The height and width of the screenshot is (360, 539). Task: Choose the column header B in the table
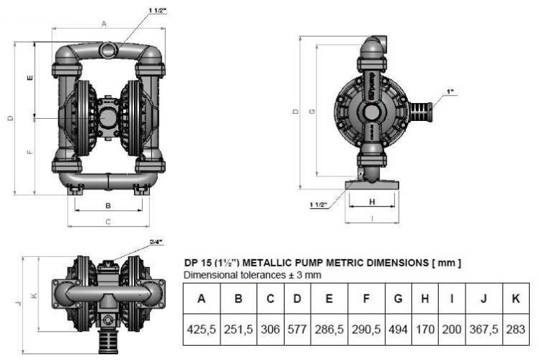(x=239, y=297)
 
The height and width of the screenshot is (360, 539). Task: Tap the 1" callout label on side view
(x=450, y=92)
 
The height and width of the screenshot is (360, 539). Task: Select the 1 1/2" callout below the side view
(x=318, y=204)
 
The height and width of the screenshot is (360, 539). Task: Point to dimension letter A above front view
(x=104, y=24)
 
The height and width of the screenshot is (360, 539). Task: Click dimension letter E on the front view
(x=29, y=78)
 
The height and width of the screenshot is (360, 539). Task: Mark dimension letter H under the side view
(x=371, y=202)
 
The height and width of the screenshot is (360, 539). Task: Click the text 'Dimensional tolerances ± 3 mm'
(x=252, y=275)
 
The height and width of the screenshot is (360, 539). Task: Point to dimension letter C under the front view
(x=107, y=222)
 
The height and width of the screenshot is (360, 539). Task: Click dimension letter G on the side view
(x=311, y=111)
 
